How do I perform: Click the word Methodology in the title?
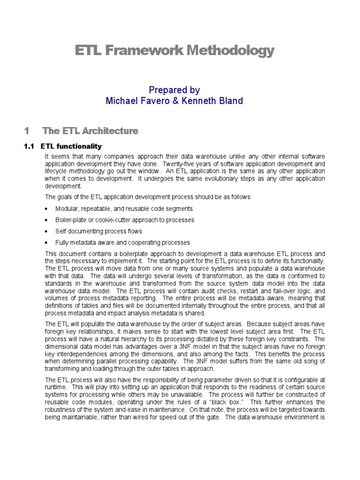coord(229,51)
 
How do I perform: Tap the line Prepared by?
coord(174,90)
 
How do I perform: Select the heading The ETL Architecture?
coord(90,131)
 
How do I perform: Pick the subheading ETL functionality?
coord(71,147)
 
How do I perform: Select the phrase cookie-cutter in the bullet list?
coord(110,220)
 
